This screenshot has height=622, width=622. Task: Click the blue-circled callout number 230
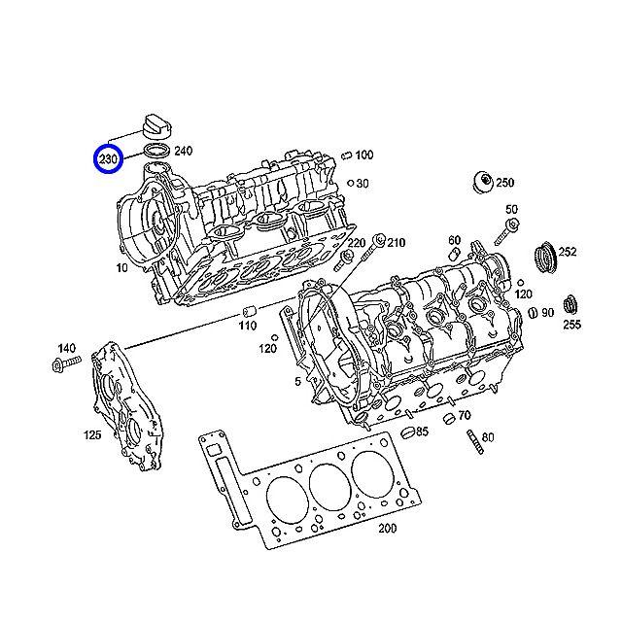[108, 159]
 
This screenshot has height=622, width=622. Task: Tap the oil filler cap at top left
[157, 126]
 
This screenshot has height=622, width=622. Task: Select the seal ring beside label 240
[157, 152]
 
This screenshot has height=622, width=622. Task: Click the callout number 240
[184, 151]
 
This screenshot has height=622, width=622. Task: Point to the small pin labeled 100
[347, 155]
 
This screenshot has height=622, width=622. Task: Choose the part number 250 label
[505, 183]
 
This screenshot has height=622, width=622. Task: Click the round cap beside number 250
[483, 183]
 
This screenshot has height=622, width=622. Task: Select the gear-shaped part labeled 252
[544, 257]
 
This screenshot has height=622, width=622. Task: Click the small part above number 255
[570, 306]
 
